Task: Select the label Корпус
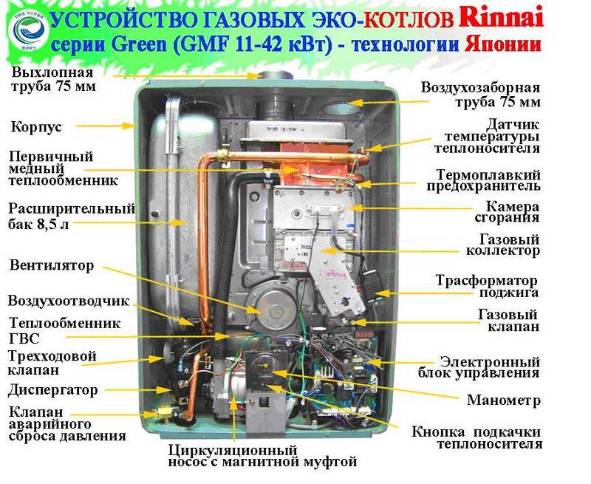pos(36,127)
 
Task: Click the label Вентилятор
pos(52,265)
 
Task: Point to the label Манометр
pos(504,401)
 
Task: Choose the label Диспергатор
pos(52,390)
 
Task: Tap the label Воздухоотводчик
pos(68,301)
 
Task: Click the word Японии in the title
pos(502,45)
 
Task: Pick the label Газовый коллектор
pos(503,245)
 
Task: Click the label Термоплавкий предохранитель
pos(483,180)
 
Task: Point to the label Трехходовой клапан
pos(52,363)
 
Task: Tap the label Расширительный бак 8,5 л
pos(72,217)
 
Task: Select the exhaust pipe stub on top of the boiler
pos(276,75)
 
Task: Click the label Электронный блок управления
pos(479,367)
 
